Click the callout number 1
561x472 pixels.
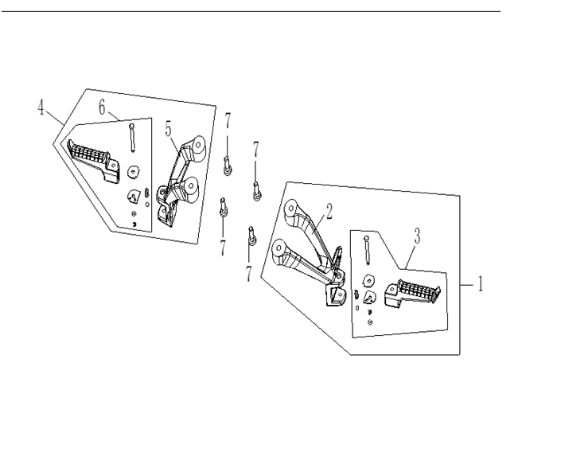click(x=481, y=284)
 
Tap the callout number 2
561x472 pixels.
click(x=329, y=211)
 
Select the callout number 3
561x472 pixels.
click(x=417, y=236)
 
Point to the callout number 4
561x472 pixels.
click(x=41, y=107)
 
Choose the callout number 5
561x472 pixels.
click(x=168, y=129)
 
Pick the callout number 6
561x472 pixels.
click(x=103, y=107)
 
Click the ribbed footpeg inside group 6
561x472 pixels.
click(x=93, y=162)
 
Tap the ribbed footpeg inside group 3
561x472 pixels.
click(x=412, y=293)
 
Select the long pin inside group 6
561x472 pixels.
click(x=132, y=138)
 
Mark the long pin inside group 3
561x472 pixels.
click(x=367, y=250)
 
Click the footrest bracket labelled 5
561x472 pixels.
click(x=181, y=181)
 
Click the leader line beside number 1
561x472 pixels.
click(x=467, y=285)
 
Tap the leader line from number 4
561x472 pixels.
click(x=56, y=117)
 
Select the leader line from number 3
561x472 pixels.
click(x=411, y=257)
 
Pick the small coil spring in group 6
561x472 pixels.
click(x=146, y=193)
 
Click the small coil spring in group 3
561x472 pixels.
click(x=356, y=295)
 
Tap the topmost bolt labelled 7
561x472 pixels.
click(x=228, y=166)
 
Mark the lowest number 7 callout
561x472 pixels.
click(x=248, y=274)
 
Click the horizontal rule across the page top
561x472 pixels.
click(x=251, y=11)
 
